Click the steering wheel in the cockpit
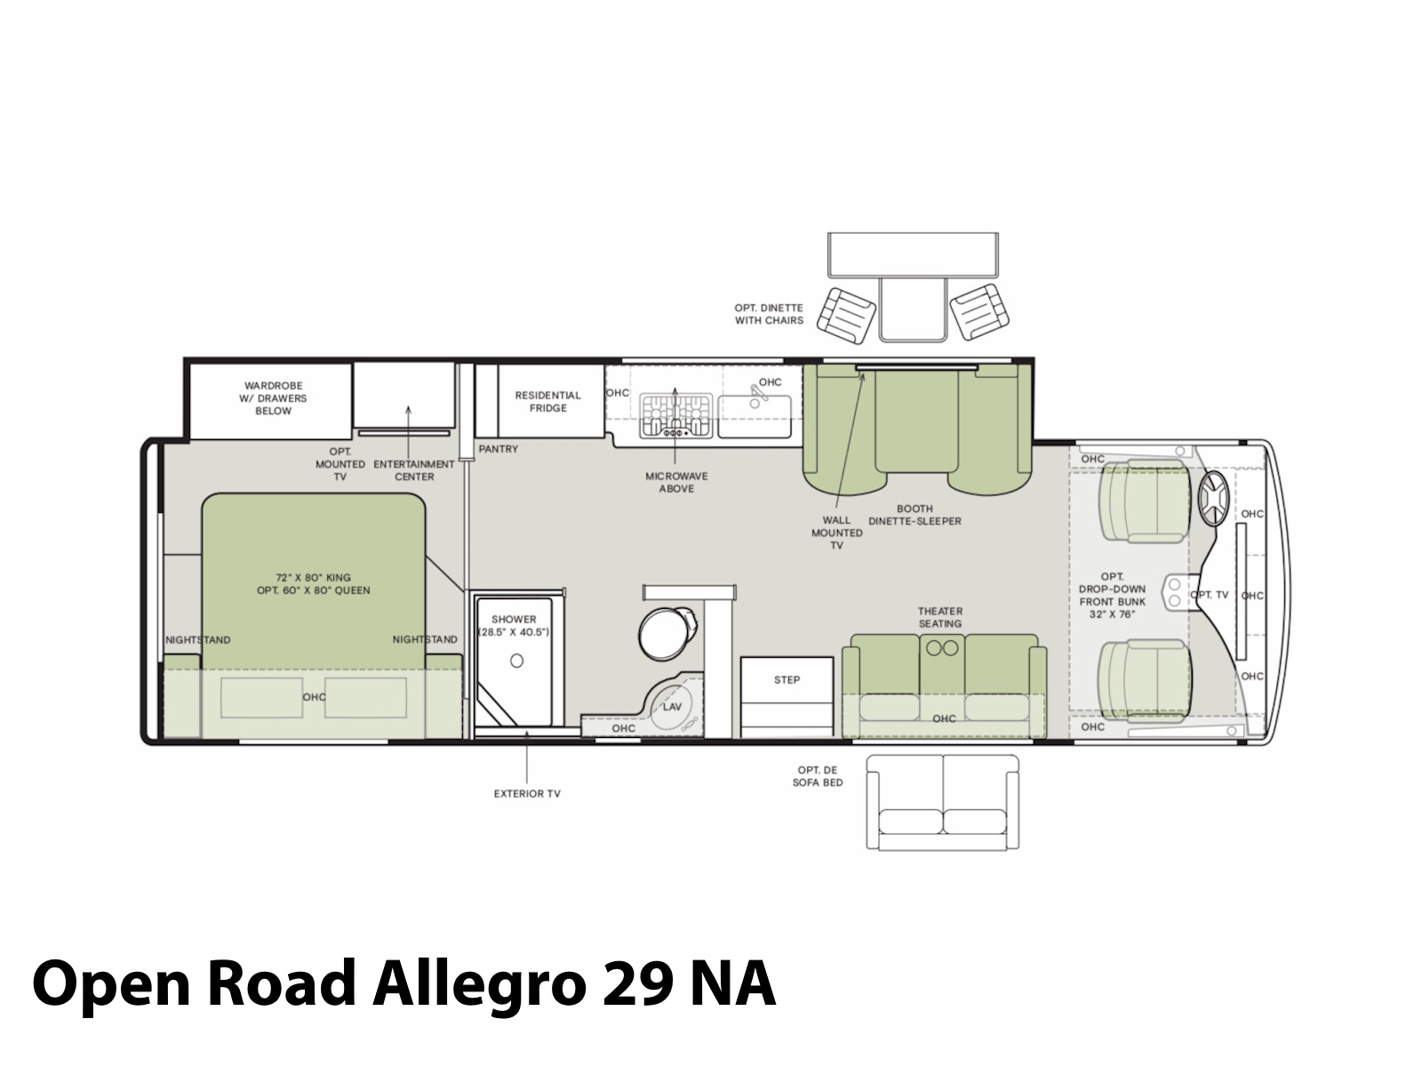coord(1213,498)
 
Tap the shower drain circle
coord(516,661)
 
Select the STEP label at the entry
coord(787,679)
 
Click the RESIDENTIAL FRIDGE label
coord(547,402)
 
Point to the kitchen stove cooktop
coord(675,415)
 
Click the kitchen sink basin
coord(755,416)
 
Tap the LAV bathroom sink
coord(672,706)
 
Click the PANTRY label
coord(498,449)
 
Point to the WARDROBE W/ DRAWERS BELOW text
coord(273,398)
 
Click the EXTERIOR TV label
coord(527,794)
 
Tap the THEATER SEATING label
coord(940,617)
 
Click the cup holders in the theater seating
coord(942,647)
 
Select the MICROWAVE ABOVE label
coord(676,483)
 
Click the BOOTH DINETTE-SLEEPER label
coord(915,515)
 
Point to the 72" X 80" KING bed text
coord(313,577)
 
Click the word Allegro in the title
coord(479,984)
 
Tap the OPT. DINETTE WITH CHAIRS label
coord(769,314)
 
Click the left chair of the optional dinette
coord(846,317)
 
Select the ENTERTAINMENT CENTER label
coord(414,470)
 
